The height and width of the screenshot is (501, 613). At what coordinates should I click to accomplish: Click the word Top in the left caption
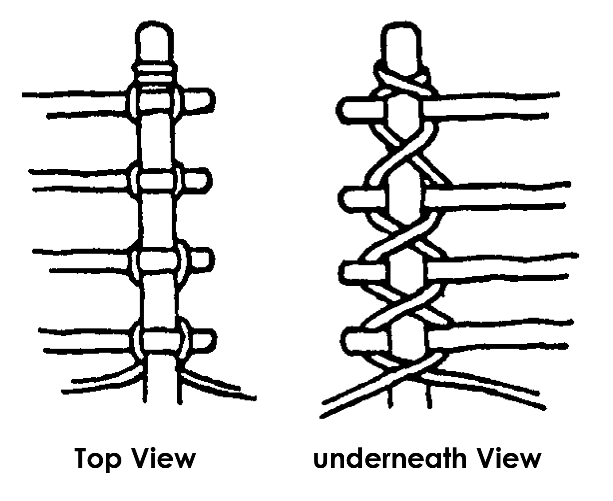click(x=97, y=459)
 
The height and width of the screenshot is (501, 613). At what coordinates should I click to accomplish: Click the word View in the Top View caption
click(x=164, y=458)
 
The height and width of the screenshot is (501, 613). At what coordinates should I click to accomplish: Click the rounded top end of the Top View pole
click(x=153, y=42)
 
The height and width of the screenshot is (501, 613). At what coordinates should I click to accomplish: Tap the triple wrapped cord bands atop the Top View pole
click(x=155, y=74)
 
